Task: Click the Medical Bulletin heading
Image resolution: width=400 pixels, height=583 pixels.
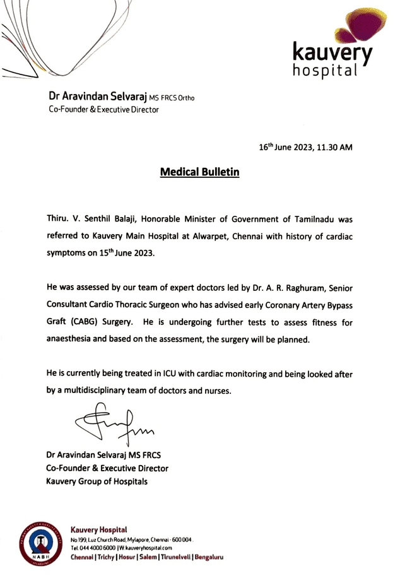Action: point(199,171)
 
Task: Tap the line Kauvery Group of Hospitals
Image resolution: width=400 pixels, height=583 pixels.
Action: point(97,482)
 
